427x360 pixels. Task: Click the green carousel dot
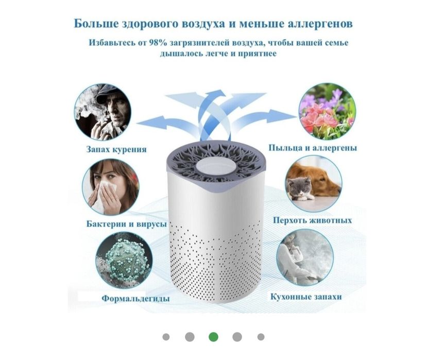pyautogui.click(x=213, y=337)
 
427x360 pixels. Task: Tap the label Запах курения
pyautogui.click(x=116, y=149)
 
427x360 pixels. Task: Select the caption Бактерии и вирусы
pyautogui.click(x=126, y=225)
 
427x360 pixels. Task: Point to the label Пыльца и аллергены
pyautogui.click(x=313, y=148)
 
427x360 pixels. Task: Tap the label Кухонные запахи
pyautogui.click(x=306, y=297)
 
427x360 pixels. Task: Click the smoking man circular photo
pyautogui.click(x=102, y=112)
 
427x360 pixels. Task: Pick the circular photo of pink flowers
pyautogui.click(x=327, y=111)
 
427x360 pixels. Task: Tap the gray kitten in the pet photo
pyautogui.click(x=300, y=188)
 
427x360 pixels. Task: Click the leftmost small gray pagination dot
pyautogui.click(x=166, y=337)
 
